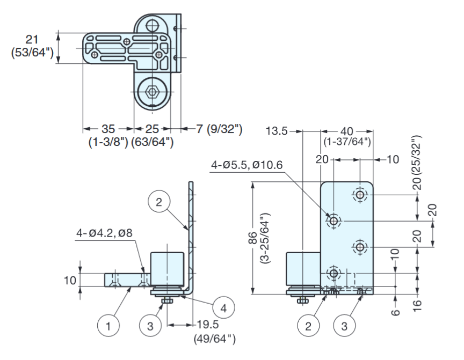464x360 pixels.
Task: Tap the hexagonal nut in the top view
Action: [152, 92]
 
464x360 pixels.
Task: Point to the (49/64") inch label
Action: [214, 339]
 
